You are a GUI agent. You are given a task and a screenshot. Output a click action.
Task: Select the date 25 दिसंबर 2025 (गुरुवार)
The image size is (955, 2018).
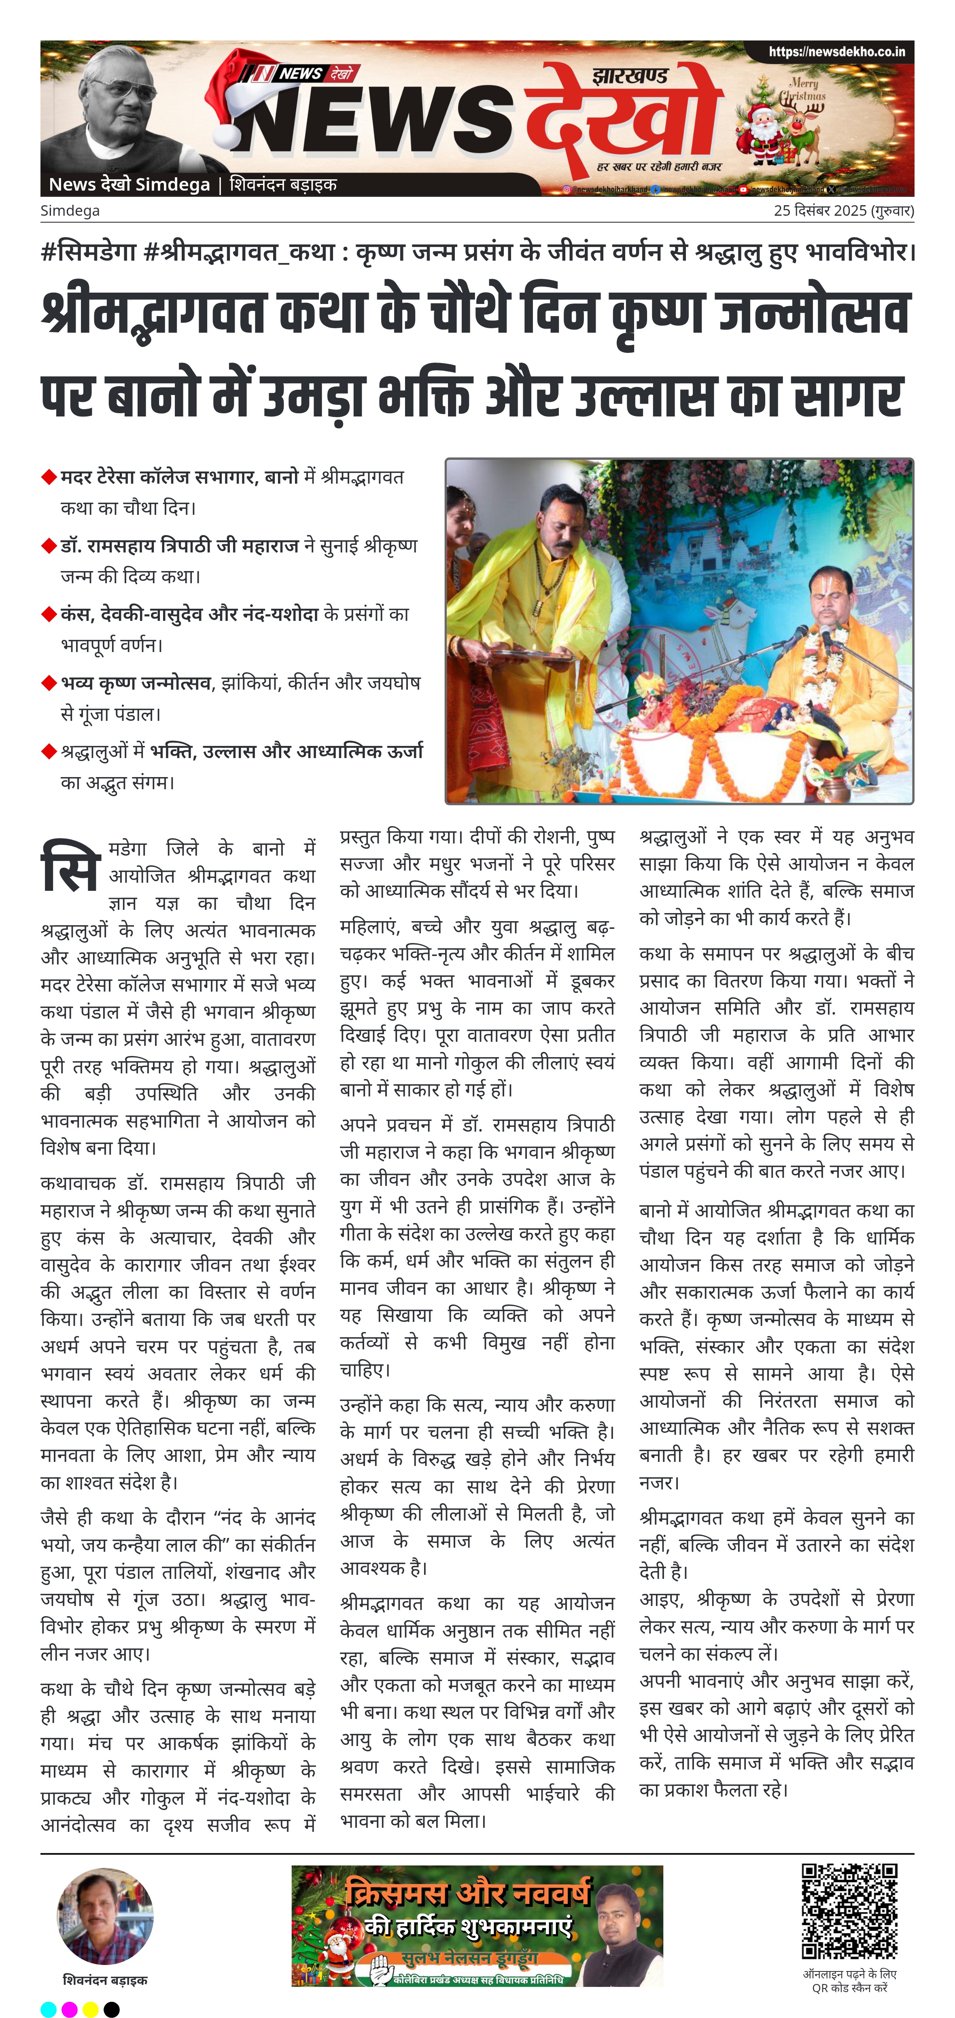(843, 211)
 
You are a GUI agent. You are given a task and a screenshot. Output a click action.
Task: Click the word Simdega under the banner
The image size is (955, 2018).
(70, 211)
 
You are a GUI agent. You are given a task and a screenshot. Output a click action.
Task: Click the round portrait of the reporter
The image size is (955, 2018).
(105, 1917)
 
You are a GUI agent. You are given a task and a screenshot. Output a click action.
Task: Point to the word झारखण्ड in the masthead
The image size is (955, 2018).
(630, 76)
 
